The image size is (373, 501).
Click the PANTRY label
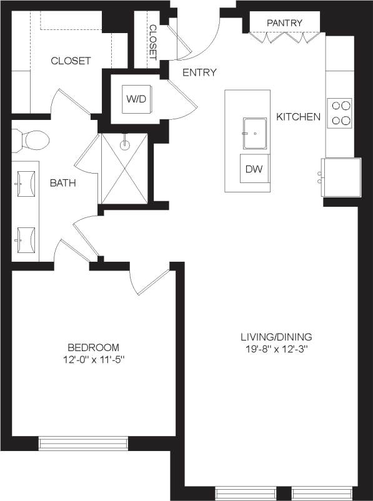284,23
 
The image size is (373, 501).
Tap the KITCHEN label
299,117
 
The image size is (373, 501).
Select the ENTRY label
199,72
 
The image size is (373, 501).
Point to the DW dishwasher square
253,168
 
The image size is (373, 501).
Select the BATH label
63,184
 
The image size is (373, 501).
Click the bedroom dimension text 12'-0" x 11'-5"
93,360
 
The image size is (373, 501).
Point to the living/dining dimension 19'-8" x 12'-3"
278,349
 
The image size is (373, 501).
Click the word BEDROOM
93,347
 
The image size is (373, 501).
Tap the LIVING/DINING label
278,336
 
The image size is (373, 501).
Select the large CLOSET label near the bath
71,61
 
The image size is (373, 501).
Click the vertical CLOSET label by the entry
152,42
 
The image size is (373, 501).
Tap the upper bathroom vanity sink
26,182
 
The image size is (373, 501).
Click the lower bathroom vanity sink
26,239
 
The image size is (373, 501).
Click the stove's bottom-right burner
345,121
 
